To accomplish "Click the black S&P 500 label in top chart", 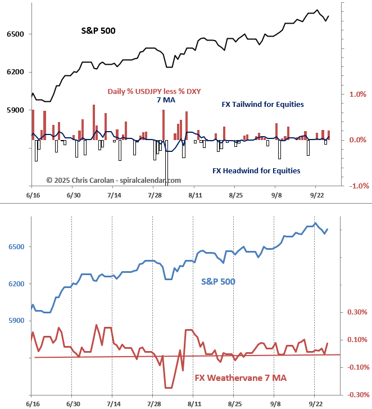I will pyautogui.click(x=98, y=31).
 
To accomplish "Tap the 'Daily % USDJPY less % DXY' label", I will pyautogui.click(x=155, y=91).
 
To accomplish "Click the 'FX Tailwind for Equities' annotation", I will pyautogui.click(x=263, y=104).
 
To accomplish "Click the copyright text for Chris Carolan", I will pyautogui.click(x=114, y=180).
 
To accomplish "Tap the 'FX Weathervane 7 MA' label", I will pyautogui.click(x=241, y=378).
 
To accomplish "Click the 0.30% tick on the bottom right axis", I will pyautogui.click(x=357, y=312).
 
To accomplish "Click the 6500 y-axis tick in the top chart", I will pyautogui.click(x=15, y=34).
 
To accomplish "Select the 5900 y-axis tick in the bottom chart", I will pyautogui.click(x=15, y=321).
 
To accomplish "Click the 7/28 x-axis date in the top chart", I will pyautogui.click(x=155, y=195).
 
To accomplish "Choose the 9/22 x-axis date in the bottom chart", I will pyautogui.click(x=316, y=404).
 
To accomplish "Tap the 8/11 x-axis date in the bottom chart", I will pyautogui.click(x=194, y=404).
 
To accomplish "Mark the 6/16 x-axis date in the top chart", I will pyautogui.click(x=33, y=195).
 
